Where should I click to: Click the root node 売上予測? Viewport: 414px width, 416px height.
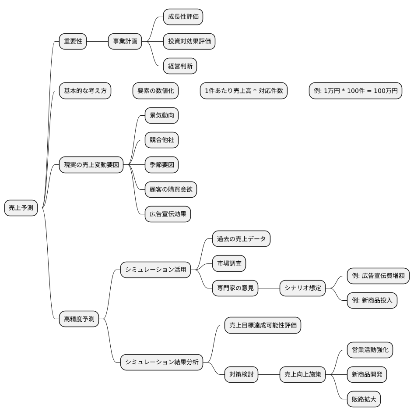tap(21, 208)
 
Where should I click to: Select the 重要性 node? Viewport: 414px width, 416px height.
tap(73, 41)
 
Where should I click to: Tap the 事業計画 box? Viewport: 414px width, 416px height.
tap(125, 41)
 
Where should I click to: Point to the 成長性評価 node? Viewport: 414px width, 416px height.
tap(183, 17)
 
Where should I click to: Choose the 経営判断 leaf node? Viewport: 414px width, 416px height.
tap(180, 66)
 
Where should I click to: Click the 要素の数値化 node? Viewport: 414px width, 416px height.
tap(155, 91)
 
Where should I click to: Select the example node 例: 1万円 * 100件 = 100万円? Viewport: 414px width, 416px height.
tap(355, 91)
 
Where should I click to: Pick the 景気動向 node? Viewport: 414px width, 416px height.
tap(161, 115)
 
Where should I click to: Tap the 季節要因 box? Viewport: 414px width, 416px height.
tap(161, 165)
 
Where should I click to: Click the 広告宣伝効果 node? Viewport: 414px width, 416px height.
tap(168, 214)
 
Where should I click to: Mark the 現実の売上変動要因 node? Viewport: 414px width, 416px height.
tap(91, 165)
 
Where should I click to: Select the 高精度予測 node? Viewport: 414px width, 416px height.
tap(79, 319)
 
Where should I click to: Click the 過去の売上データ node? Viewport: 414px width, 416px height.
tap(241, 239)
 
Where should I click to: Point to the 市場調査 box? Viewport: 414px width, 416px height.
tap(229, 263)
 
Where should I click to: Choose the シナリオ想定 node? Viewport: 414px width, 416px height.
tap(302, 288)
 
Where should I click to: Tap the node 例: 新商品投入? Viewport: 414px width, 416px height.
tap(372, 300)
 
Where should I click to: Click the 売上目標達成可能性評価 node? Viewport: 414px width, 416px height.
tap(263, 325)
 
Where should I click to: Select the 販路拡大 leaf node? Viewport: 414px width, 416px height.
tap(364, 399)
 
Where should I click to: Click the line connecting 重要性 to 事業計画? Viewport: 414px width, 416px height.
tap(98, 41)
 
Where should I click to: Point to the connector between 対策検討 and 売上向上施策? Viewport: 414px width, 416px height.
tap(269, 375)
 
